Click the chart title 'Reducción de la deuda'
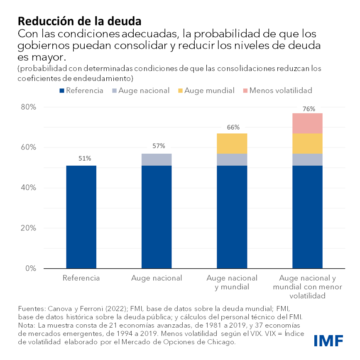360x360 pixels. [x=79, y=20]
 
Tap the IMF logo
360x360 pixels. [x=328, y=341]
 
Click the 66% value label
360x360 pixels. [x=233, y=127]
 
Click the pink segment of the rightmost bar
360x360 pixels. [x=307, y=123]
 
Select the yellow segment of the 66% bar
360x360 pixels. [x=232, y=143]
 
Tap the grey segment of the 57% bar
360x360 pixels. [x=157, y=159]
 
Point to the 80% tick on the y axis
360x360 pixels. [x=29, y=107]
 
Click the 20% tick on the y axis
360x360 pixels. [x=29, y=228]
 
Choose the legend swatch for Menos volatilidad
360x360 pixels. [x=245, y=91]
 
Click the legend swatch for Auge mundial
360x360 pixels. [x=180, y=91]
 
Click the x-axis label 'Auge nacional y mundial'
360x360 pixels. [x=232, y=282]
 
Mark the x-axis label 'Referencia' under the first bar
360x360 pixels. [x=81, y=278]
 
